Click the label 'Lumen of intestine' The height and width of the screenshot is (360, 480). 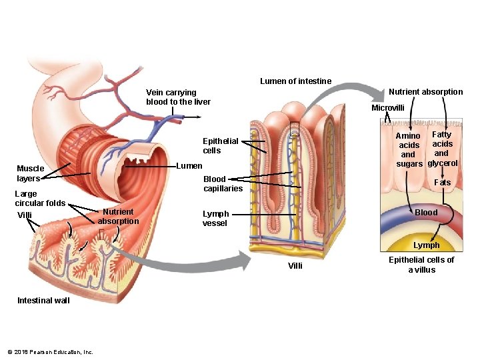295,81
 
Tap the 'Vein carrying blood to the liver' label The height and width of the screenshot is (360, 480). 178,97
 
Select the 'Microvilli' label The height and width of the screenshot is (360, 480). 388,108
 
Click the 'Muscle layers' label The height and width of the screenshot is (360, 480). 31,173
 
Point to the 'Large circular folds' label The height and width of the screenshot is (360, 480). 40,199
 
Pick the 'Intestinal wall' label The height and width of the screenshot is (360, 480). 43,301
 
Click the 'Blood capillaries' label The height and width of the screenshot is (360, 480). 223,183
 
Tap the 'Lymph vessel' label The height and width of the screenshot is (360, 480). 215,219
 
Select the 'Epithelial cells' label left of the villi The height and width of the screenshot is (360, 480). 220,146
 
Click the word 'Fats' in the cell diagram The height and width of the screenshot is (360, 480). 442,183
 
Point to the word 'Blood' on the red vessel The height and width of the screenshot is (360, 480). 426,213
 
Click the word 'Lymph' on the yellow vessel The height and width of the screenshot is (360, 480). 426,245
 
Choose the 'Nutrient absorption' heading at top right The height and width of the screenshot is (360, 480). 425,92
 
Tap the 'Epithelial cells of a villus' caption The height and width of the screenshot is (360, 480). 421,265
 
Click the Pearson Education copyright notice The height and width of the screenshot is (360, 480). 51,352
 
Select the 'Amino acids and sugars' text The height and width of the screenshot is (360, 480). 409,150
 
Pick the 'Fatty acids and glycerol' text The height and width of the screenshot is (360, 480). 442,149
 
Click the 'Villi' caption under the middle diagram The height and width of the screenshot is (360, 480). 295,266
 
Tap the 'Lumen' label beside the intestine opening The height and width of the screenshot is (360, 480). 189,165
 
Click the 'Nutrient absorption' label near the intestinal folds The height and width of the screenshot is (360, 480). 119,216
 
